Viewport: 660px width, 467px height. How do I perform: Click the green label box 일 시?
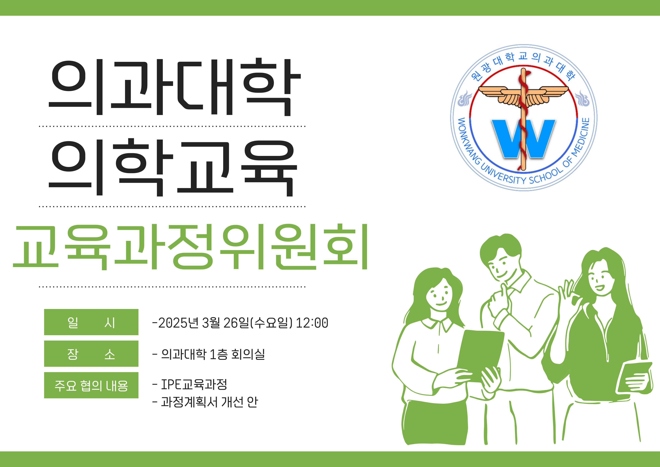91,322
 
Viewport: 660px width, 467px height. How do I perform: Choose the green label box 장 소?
91,354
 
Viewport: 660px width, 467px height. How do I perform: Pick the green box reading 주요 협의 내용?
91,385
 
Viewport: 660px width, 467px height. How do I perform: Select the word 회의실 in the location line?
248,354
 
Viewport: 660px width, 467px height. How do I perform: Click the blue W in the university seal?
523,139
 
